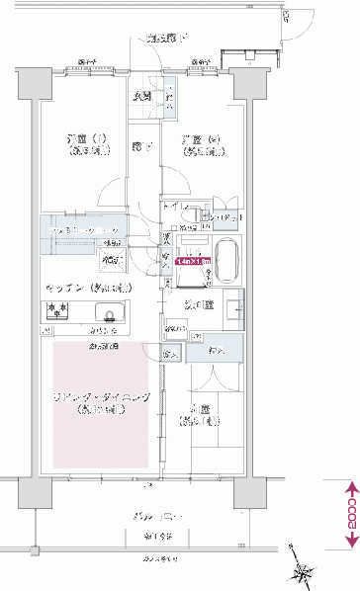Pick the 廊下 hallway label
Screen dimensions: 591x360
(x=141, y=145)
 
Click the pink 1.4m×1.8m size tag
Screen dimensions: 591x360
(x=192, y=262)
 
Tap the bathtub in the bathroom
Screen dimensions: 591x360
(x=226, y=260)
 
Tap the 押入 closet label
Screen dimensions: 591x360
(x=219, y=350)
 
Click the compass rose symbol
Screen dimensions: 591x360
(x=301, y=566)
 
